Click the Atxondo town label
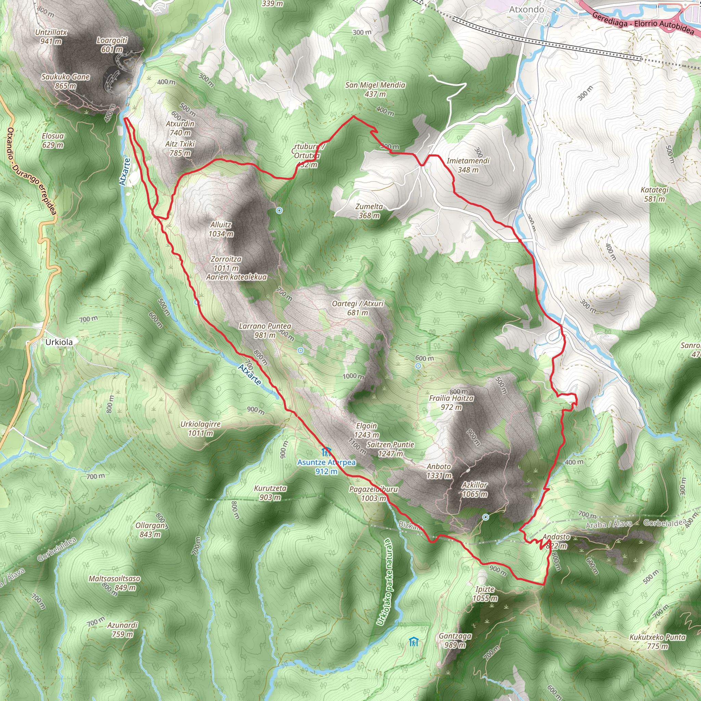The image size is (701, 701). [526, 10]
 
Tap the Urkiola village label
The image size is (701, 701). [59, 342]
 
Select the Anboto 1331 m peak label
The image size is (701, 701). [439, 471]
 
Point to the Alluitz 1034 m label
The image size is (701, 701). [221, 229]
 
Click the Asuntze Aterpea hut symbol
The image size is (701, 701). [326, 452]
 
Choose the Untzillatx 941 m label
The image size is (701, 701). [51, 37]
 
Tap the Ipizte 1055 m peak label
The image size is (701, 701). [485, 594]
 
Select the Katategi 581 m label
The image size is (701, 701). [654, 194]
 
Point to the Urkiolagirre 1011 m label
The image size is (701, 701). [201, 429]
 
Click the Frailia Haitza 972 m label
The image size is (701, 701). [451, 403]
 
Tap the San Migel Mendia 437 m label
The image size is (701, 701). [375, 90]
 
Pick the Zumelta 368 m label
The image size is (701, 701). [369, 211]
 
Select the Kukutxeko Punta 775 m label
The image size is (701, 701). [658, 641]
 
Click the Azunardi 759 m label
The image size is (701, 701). [122, 629]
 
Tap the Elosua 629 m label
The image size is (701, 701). [53, 140]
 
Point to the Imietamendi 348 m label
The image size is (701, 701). [468, 165]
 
